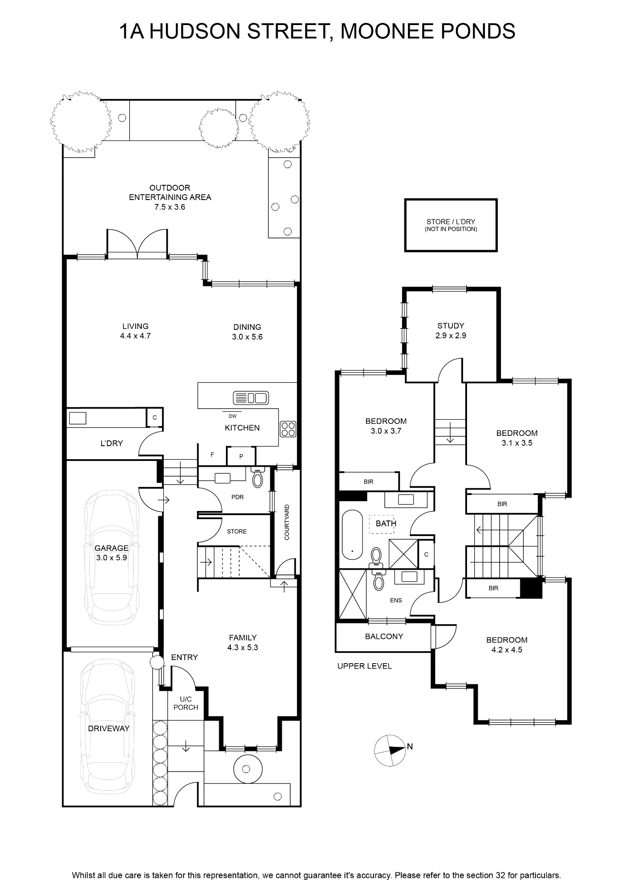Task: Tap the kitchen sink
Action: [x=251, y=397]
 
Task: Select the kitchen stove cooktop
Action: [x=288, y=429]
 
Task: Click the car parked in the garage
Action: [x=112, y=558]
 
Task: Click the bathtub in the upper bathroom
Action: [x=352, y=534]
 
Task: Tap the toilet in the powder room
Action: [x=258, y=477]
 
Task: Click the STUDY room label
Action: [x=451, y=326]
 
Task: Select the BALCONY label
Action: [x=384, y=636]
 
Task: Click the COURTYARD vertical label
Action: [x=287, y=522]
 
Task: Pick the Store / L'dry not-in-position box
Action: [x=451, y=225]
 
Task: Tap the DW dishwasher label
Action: [x=232, y=416]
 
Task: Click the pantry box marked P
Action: [x=241, y=456]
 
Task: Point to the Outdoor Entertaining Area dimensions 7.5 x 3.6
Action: [x=170, y=207]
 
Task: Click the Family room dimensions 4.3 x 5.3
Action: [x=243, y=648]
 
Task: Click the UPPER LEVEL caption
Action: [x=365, y=666]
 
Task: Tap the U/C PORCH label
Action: [x=186, y=703]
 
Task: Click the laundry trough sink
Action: [x=77, y=418]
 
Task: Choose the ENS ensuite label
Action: [x=396, y=601]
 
